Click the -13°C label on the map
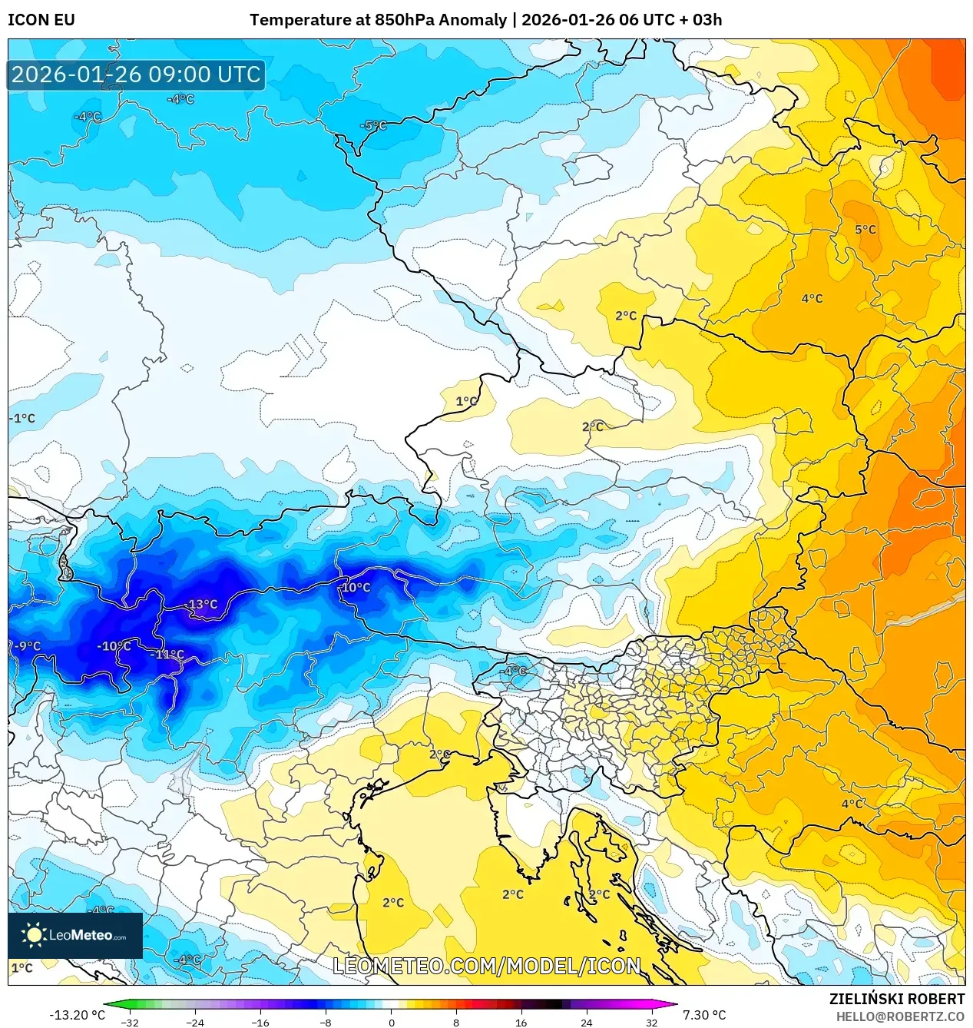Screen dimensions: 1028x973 point(203,605)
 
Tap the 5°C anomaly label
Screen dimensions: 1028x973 point(865,230)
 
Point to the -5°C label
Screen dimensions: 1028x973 point(373,125)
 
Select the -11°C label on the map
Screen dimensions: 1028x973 point(169,655)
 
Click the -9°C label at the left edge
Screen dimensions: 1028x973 point(26,646)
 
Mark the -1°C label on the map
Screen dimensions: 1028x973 point(22,419)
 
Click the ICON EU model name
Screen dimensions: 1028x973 point(41,20)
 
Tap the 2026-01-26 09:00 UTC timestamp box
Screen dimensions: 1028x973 point(136,75)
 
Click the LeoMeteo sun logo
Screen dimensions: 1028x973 point(34,935)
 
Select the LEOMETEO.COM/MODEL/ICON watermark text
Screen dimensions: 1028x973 point(486,966)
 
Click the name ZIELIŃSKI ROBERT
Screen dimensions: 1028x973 point(896,999)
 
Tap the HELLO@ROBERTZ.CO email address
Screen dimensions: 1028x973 point(900,1016)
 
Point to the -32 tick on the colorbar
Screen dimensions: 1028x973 point(130,1022)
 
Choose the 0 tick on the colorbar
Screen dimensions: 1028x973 point(391,1022)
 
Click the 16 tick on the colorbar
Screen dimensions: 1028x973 point(521,1022)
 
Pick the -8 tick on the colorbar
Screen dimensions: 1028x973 point(326,1022)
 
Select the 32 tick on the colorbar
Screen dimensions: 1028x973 point(651,1022)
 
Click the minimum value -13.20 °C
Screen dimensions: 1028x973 point(77,1015)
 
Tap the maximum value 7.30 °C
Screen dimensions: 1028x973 point(703,1015)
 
